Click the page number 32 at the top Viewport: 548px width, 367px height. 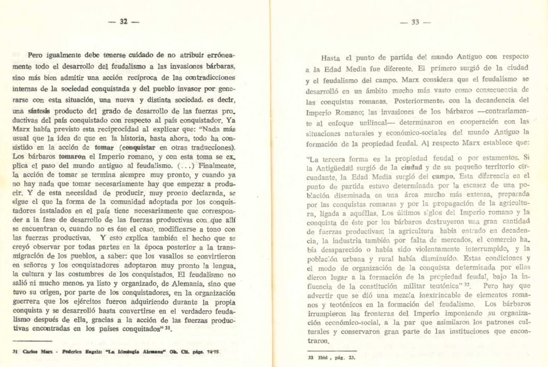pos(123,22)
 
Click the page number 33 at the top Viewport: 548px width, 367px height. pos(415,22)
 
